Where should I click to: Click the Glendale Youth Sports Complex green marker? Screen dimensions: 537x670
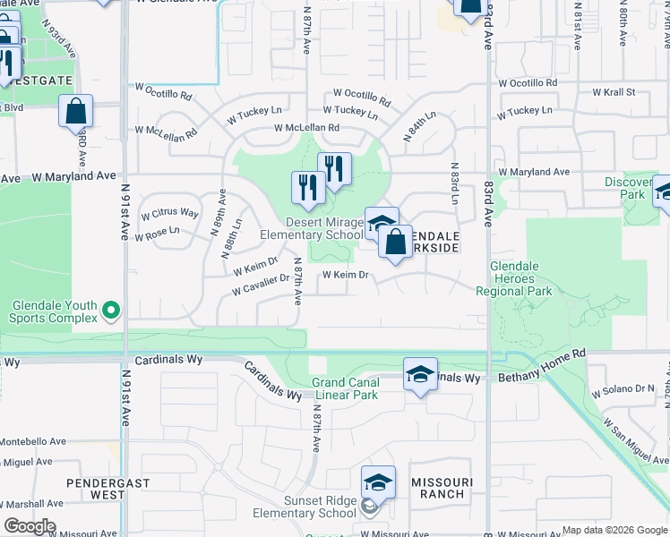pyautogui.click(x=111, y=311)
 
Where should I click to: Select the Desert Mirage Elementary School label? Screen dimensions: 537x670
pyautogui.click(x=312, y=229)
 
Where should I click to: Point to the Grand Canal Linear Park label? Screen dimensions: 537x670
pyautogui.click(x=346, y=388)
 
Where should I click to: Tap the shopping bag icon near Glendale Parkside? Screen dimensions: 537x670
pyautogui.click(x=395, y=242)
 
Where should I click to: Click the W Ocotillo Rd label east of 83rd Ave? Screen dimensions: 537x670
pyautogui.click(x=528, y=83)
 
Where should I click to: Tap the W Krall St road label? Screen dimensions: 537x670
pyautogui.click(x=614, y=92)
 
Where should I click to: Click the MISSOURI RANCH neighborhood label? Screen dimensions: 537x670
pyautogui.click(x=439, y=488)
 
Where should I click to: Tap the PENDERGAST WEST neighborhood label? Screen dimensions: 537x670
pyautogui.click(x=96, y=488)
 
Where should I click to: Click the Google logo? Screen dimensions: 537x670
pyautogui.click(x=30, y=526)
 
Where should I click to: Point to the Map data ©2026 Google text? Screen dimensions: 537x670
pyautogui.click(x=614, y=530)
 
